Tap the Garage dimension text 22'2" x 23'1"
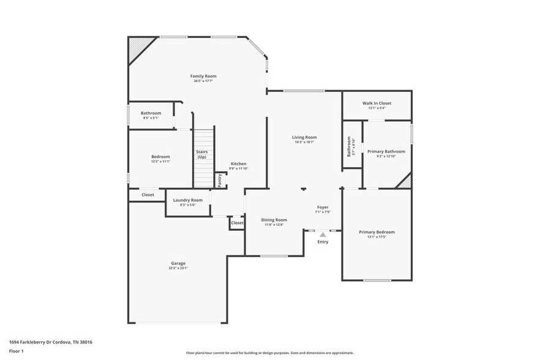pos(178,268)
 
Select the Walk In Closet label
pos(377,103)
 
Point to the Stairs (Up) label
pos(201,154)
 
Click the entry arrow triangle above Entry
pos(323,234)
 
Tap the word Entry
pos(323,242)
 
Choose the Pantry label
pos(220,181)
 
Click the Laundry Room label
pos(187,200)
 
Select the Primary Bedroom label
pos(377,232)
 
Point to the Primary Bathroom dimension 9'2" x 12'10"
pos(386,156)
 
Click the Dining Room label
pos(274,220)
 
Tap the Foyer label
pos(323,207)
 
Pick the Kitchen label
pos(238,163)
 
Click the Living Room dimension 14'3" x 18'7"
pos(304,142)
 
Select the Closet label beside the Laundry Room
pos(148,195)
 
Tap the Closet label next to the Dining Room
pos(237,223)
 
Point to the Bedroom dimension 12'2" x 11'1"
pos(160,162)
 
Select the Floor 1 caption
pos(16,351)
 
